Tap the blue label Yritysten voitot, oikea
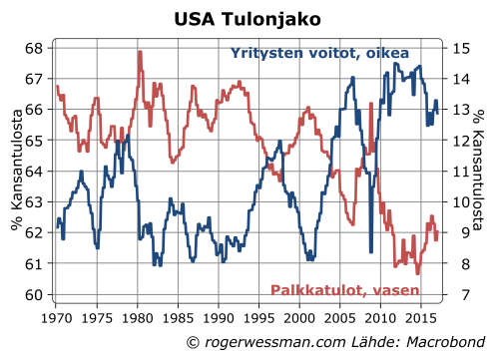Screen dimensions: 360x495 (x=319, y=53)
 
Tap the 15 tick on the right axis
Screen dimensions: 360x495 (x=459, y=48)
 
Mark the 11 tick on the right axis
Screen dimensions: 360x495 (x=459, y=172)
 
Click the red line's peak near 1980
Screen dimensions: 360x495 (x=140, y=52)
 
